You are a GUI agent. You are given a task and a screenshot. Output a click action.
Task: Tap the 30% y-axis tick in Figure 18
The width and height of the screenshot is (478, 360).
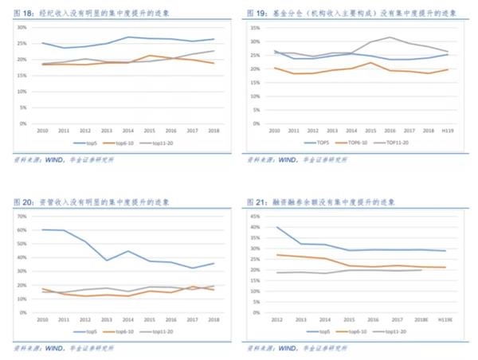[x=22, y=27]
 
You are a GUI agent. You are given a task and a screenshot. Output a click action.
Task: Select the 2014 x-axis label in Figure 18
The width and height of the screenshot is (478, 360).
[x=128, y=129]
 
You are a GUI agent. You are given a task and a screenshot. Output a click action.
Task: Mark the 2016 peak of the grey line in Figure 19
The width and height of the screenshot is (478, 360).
[x=390, y=37]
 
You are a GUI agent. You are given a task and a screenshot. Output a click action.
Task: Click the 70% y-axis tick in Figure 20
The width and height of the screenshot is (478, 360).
[x=22, y=216]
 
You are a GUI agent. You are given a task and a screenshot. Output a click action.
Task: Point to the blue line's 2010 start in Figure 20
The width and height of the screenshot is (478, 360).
[x=42, y=229]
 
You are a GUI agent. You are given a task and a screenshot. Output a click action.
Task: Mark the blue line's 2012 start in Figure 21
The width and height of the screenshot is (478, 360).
[x=277, y=227]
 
